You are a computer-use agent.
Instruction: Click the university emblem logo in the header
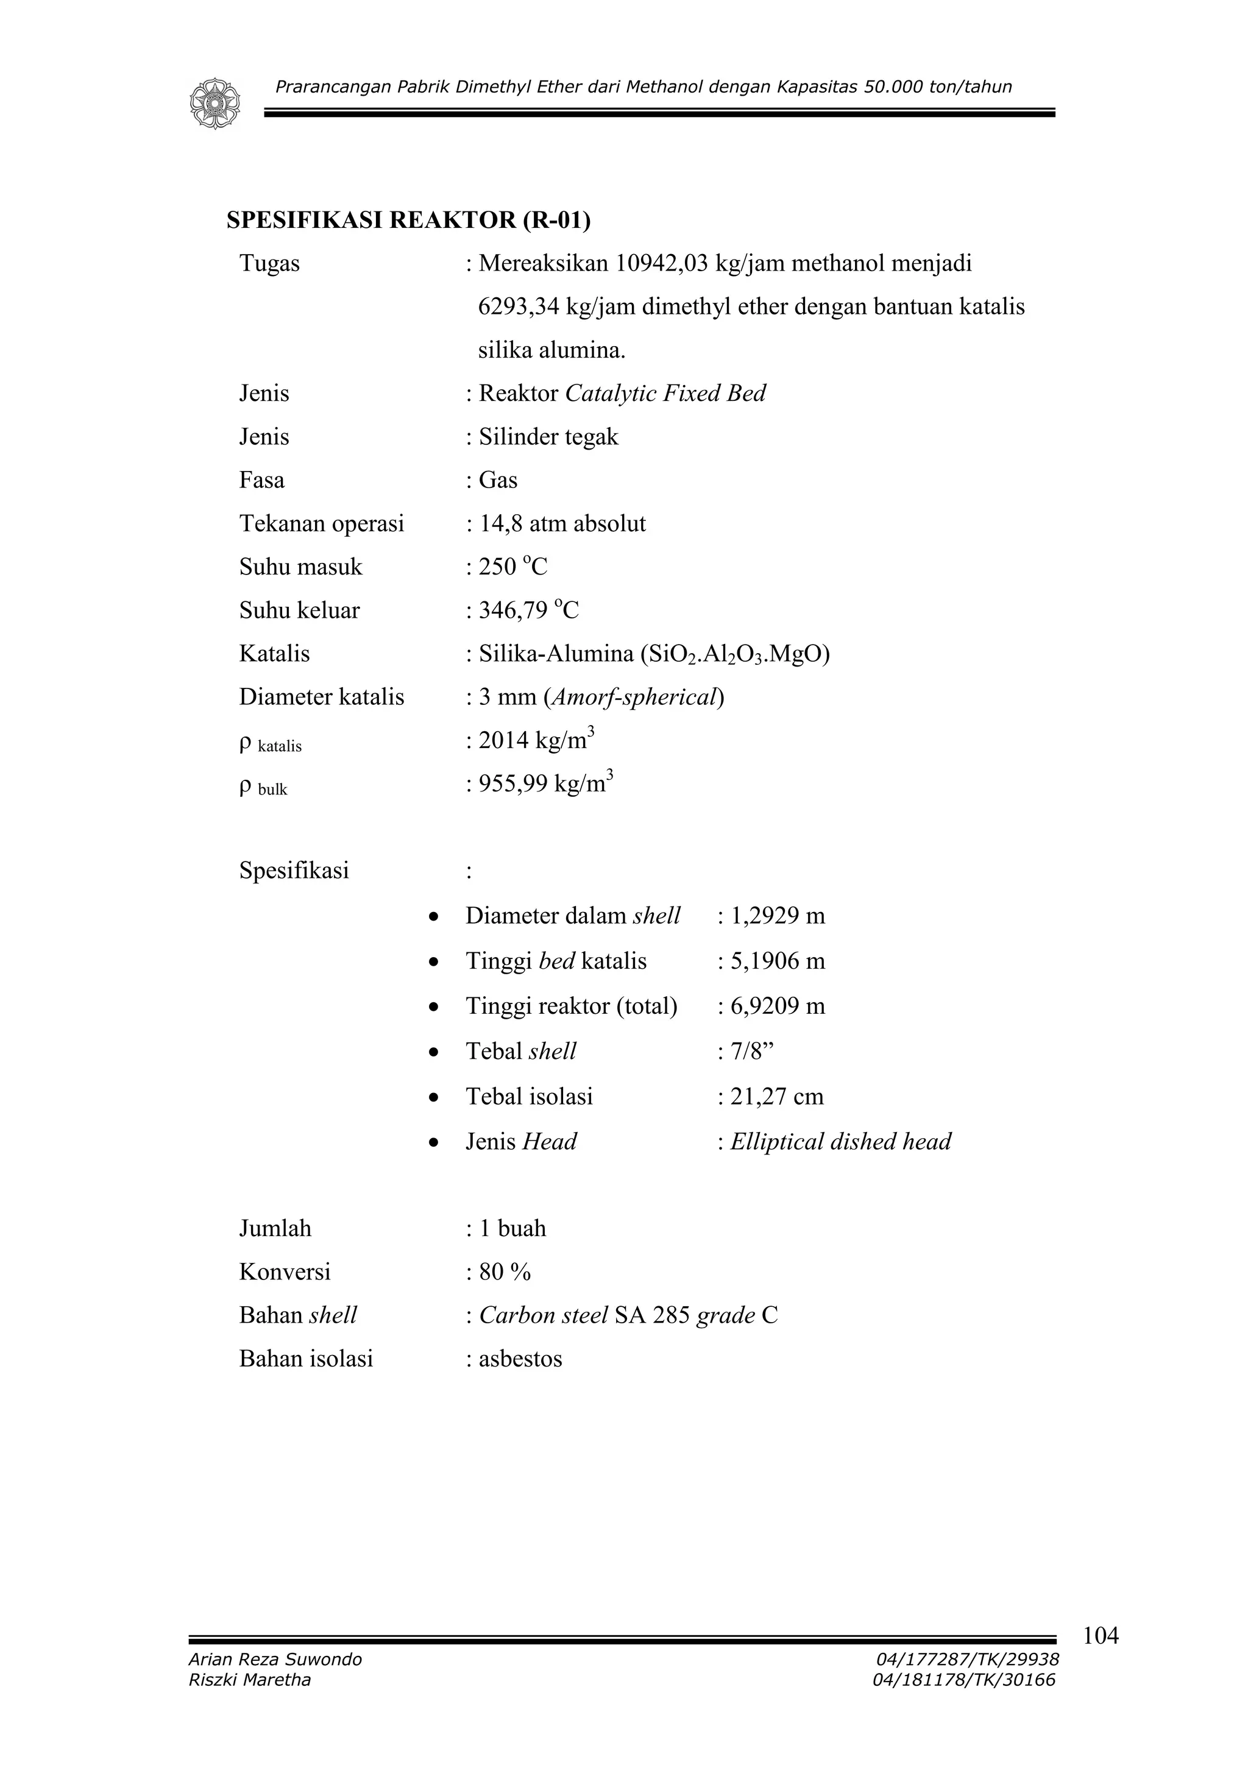coord(214,103)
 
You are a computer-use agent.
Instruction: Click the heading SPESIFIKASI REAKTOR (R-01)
coord(408,221)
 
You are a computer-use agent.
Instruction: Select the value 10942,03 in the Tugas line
coord(661,264)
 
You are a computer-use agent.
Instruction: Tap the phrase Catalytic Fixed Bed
coord(665,394)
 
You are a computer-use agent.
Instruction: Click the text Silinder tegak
coord(548,437)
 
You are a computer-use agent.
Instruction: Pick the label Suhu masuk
coord(300,567)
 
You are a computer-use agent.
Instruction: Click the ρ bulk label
coord(264,788)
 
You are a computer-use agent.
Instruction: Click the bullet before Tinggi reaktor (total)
coord(434,1006)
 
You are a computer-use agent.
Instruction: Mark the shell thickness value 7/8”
coord(751,1052)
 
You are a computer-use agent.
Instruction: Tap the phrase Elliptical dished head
coord(840,1142)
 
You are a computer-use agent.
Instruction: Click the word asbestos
coord(520,1359)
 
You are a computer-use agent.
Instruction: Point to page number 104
coord(1101,1636)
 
